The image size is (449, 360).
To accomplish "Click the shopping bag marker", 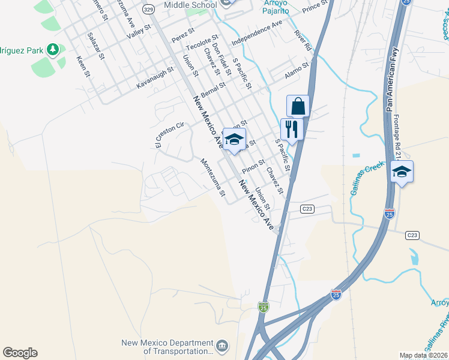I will click(298, 107).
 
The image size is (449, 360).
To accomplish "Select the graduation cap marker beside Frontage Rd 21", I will click(402, 173).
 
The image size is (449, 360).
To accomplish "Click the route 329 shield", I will click(148, 8).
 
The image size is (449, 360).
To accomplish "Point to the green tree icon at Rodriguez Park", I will click(52, 49).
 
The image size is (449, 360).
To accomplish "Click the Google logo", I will click(20, 352).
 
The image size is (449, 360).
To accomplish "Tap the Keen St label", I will click(83, 67).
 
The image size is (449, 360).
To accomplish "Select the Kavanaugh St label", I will click(155, 79).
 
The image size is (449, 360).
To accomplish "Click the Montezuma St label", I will click(212, 178).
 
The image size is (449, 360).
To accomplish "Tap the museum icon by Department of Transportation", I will click(222, 346).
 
